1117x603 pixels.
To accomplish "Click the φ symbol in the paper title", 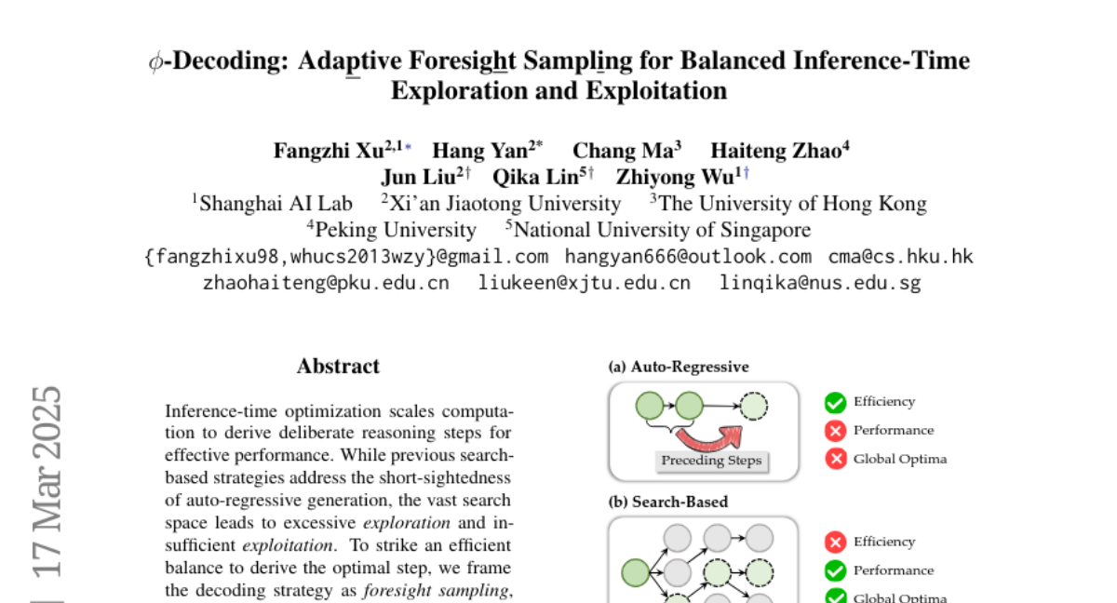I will coord(155,62).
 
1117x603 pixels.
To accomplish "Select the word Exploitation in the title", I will coord(655,91).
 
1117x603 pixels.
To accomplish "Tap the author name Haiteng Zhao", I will coord(775,151).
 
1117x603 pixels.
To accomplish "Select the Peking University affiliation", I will coord(395,230).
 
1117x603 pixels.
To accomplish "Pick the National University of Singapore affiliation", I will coord(661,230).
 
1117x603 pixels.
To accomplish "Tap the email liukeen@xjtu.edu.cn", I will coord(585,283).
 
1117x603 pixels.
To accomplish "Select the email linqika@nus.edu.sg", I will coord(820,283).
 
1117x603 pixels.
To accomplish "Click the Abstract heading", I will coord(338,367).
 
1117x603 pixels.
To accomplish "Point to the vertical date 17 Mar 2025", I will coord(47,484).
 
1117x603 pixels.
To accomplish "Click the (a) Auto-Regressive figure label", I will coord(679,367).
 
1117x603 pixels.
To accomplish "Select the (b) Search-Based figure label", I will coord(667,502).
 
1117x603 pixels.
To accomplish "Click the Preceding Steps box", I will coord(711,460).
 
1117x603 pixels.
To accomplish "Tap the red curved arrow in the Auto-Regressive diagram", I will coord(711,436).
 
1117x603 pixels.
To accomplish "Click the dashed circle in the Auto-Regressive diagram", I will coord(755,406).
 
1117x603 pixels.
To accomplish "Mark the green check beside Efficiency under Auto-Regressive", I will coord(835,402).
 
